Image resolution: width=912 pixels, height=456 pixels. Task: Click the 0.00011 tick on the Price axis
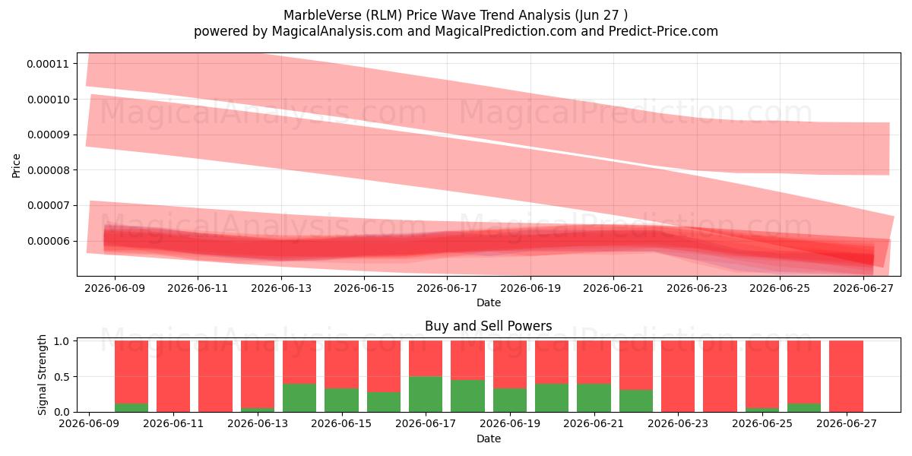pyautogui.click(x=48, y=64)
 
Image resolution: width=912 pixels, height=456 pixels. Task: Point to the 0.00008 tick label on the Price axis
pyautogui.click(x=48, y=170)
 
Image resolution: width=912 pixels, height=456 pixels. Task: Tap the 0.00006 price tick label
pyautogui.click(x=48, y=241)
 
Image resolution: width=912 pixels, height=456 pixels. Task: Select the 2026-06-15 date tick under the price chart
pyautogui.click(x=364, y=288)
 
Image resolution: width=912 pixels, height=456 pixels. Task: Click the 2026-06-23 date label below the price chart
pyautogui.click(x=697, y=288)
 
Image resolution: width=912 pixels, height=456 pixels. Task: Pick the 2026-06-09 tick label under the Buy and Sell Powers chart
pyautogui.click(x=89, y=423)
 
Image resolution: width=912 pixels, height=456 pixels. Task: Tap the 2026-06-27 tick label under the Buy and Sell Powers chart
pyautogui.click(x=847, y=423)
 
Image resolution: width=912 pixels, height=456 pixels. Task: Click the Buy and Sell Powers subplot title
pyautogui.click(x=489, y=326)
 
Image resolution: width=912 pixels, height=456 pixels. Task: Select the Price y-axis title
pyautogui.click(x=16, y=166)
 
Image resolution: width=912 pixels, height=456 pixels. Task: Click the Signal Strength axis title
pyautogui.click(x=42, y=375)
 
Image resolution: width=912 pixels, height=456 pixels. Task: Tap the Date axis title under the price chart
pyautogui.click(x=489, y=302)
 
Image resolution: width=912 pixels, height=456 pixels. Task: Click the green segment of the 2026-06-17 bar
pyautogui.click(x=426, y=394)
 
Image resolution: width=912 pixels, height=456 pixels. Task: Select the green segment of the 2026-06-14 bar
pyautogui.click(x=299, y=397)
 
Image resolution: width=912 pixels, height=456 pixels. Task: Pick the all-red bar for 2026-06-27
pyautogui.click(x=847, y=376)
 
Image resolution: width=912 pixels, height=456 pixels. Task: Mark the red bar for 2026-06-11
pyautogui.click(x=173, y=376)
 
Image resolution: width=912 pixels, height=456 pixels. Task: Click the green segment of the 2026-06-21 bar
pyautogui.click(x=594, y=397)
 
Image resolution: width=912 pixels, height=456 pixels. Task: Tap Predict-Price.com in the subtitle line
pyautogui.click(x=663, y=31)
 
